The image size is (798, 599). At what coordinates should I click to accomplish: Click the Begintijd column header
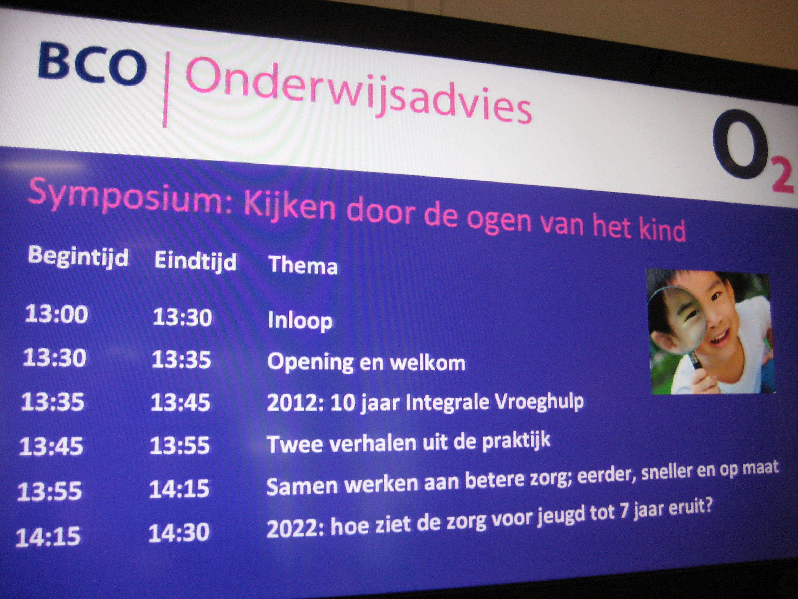pyautogui.click(x=78, y=257)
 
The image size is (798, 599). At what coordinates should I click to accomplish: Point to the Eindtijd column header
pyautogui.click(x=195, y=261)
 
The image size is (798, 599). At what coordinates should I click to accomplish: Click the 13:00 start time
pyautogui.click(x=57, y=314)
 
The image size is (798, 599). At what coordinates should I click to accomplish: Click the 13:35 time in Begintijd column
pyautogui.click(x=53, y=401)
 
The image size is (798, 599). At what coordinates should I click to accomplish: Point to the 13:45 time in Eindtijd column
pyautogui.click(x=180, y=402)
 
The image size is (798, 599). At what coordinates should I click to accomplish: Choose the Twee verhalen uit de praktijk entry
pyautogui.click(x=409, y=443)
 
